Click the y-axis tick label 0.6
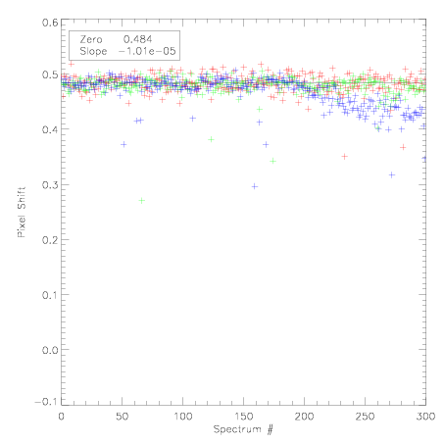(x=50, y=23)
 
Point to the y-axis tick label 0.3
(x=50, y=185)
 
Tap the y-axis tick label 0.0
(x=50, y=350)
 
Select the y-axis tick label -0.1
(x=46, y=402)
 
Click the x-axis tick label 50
(x=122, y=417)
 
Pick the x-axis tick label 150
(x=243, y=417)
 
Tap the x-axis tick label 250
(x=365, y=417)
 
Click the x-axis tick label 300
(x=425, y=417)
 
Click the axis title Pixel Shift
(x=22, y=213)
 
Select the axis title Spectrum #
(x=243, y=429)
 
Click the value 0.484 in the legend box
(x=137, y=39)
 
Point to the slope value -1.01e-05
(x=147, y=51)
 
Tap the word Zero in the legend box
(x=91, y=39)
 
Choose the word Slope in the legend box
(x=93, y=51)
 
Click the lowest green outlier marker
(x=141, y=201)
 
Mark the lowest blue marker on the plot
(x=255, y=186)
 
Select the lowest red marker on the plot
(x=344, y=157)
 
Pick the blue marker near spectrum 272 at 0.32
(x=392, y=175)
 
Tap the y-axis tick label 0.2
(x=50, y=240)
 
